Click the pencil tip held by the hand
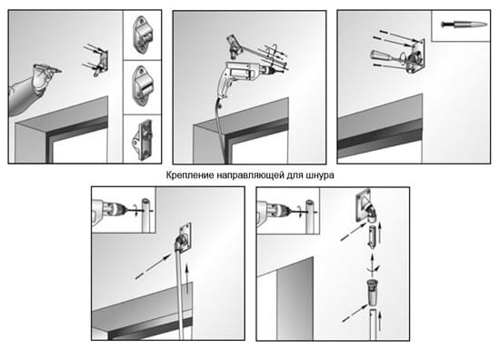click(x=60, y=71)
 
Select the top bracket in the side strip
click(x=142, y=35)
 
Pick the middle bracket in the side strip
click(x=143, y=85)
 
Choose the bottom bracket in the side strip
click(x=142, y=139)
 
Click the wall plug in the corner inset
click(x=465, y=25)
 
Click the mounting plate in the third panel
click(x=416, y=55)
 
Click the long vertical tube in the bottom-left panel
click(x=181, y=295)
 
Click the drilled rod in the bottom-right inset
click(x=310, y=216)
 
